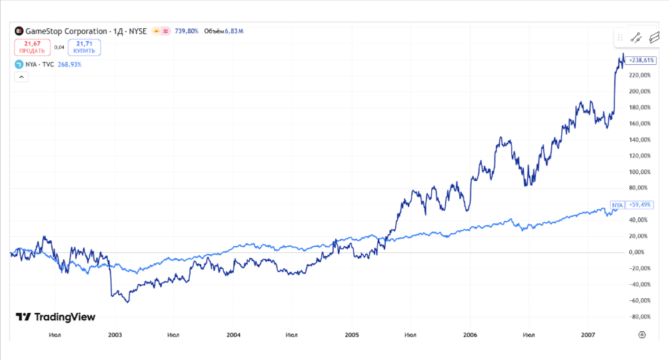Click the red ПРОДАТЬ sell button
32,47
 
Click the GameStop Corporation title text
65,31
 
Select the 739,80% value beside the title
186,31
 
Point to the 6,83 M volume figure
233,31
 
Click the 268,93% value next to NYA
71,65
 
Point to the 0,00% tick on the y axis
636,253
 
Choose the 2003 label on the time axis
115,335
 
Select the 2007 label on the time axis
588,335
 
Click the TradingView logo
55,317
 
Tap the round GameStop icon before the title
19,31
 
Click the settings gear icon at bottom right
642,335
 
